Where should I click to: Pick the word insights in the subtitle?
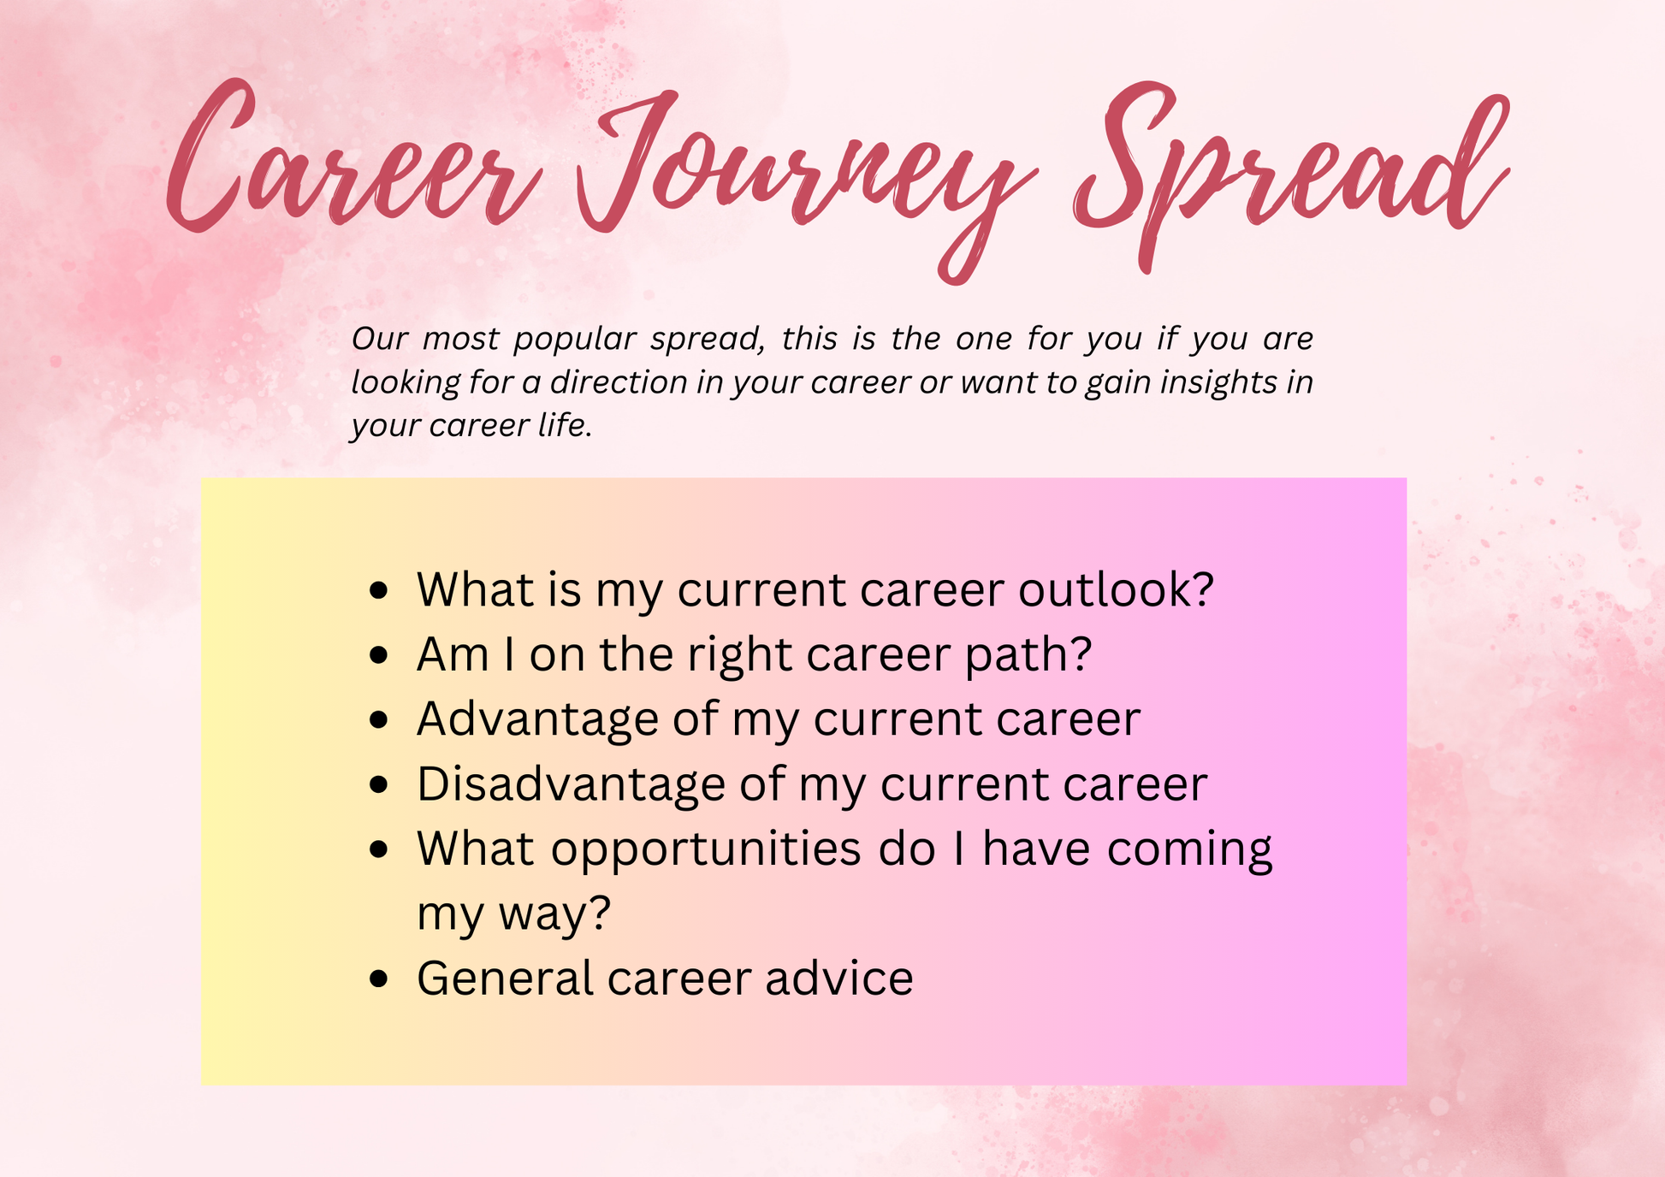(x=1218, y=383)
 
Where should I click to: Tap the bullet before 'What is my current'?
(x=379, y=591)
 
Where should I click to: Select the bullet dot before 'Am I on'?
(x=379, y=656)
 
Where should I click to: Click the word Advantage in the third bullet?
(x=537, y=720)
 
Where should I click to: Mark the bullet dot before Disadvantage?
(x=379, y=785)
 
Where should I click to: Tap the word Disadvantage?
(x=571, y=785)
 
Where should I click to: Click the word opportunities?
(x=706, y=851)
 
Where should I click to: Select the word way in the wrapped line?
(x=555, y=915)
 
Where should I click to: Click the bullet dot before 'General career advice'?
(x=379, y=979)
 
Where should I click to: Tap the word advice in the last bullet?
(x=839, y=979)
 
